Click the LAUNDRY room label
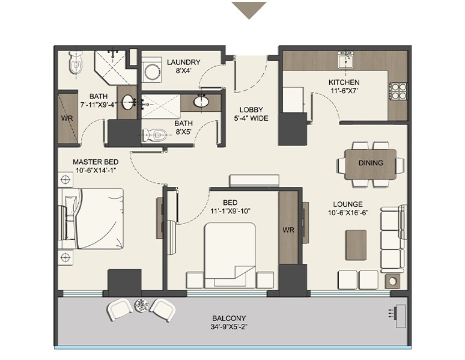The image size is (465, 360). [184, 62]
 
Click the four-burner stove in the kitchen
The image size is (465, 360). [398, 91]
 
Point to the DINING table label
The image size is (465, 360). [371, 163]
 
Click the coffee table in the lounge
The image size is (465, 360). [356, 245]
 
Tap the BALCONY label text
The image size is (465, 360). [229, 318]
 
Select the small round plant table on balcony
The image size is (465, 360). [141, 305]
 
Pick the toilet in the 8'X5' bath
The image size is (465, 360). [154, 135]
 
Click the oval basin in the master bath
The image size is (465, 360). [129, 102]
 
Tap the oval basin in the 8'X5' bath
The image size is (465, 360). [201, 102]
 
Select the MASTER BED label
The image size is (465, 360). [96, 162]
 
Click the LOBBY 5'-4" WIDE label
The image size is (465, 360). [251, 114]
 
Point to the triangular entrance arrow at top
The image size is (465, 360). [249, 10]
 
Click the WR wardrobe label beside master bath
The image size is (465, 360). [67, 118]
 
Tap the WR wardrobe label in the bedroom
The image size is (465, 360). [288, 230]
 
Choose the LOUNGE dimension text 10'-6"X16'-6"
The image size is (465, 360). [348, 213]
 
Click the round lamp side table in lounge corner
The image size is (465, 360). [393, 281]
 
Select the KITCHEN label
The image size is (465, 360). [344, 82]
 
